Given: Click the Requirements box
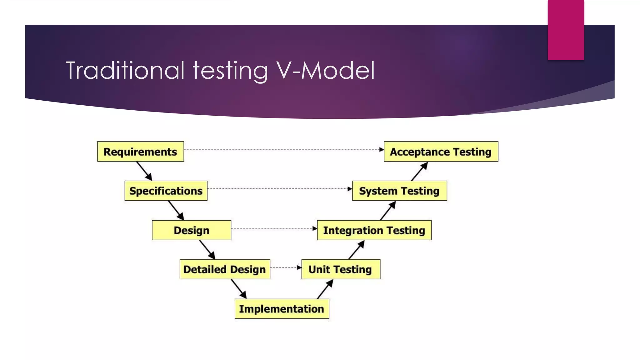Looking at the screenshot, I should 140,152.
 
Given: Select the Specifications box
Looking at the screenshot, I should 166,191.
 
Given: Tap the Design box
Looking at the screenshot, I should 191,230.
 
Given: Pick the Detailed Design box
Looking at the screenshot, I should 224,269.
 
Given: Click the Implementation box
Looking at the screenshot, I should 282,309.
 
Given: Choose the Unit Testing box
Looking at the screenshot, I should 341,269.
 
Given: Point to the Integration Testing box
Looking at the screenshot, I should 374,230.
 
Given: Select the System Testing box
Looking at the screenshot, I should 399,191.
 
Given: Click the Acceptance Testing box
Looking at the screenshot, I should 441,152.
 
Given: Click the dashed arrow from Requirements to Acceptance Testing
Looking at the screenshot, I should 284,149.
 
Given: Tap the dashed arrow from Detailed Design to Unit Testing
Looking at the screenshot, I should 286,267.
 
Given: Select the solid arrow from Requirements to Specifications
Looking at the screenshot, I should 144,171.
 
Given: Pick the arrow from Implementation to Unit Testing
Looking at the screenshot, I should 325,289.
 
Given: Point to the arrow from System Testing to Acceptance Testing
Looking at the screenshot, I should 419,171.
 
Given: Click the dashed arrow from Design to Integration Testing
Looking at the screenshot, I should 274,228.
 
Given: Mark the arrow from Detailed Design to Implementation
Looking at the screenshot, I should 239,289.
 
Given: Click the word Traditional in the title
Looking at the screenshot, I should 125,71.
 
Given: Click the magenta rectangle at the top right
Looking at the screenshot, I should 566,30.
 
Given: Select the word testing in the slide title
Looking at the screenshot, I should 230,71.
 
